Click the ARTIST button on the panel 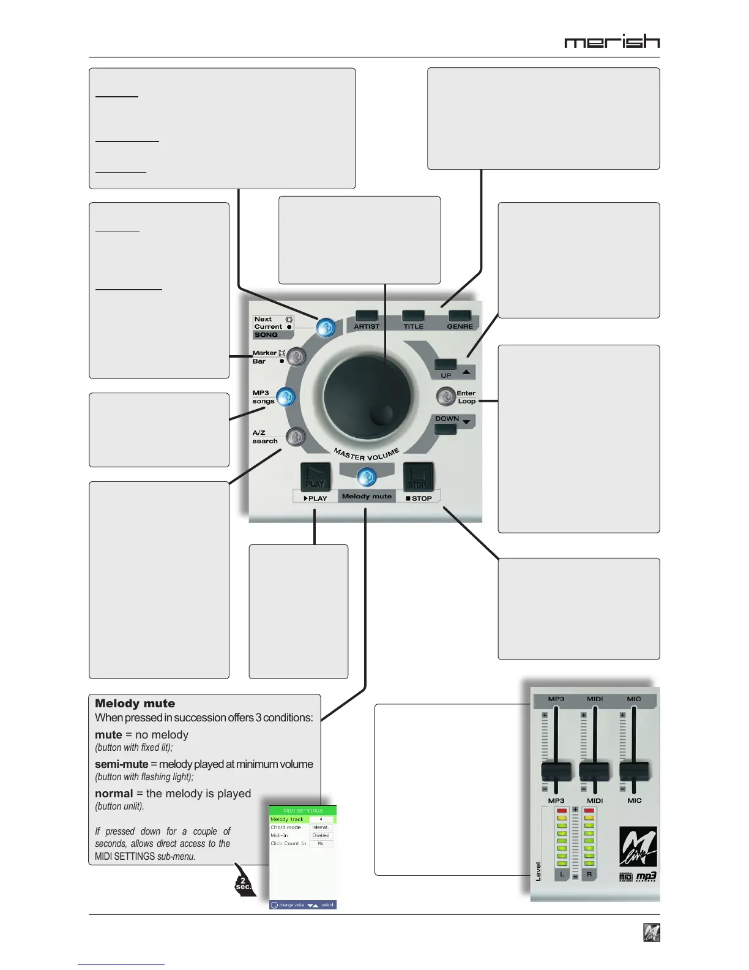coord(367,316)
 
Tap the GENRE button coord(460,315)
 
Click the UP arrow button coord(445,364)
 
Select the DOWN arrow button coord(445,429)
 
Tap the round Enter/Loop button coord(446,397)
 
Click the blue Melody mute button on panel coord(367,476)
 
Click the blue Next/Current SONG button coord(326,328)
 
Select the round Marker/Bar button coord(296,356)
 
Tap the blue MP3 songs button coord(286,397)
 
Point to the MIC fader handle coord(635,771)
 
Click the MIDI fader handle coord(595,771)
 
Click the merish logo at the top coord(612,42)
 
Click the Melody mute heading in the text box coord(135,704)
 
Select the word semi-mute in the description coord(122,764)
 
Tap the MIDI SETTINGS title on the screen coord(303,810)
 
